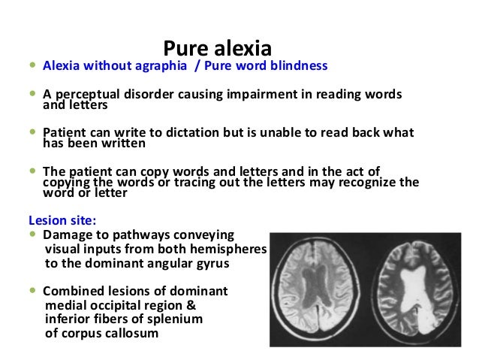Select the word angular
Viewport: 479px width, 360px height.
click(x=154, y=263)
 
